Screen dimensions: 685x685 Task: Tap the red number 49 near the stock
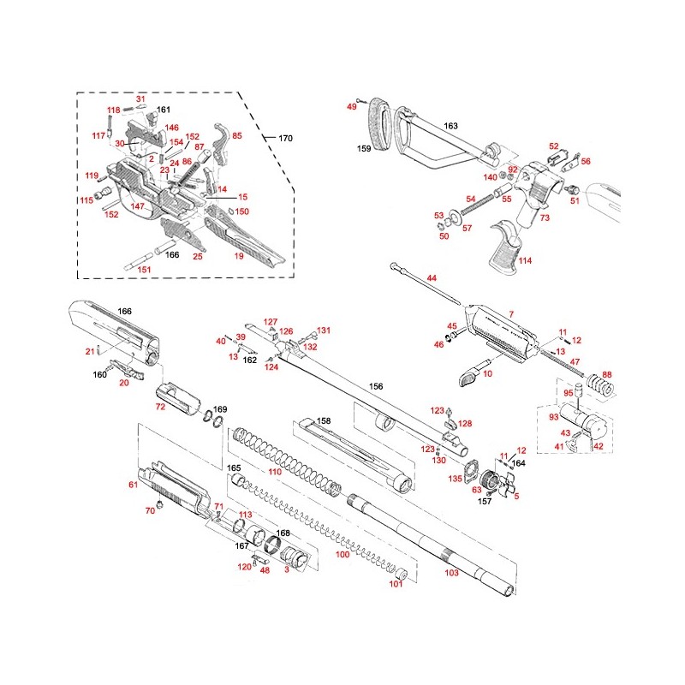(351, 106)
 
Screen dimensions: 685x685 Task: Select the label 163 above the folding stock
(450, 126)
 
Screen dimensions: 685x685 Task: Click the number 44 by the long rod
(432, 278)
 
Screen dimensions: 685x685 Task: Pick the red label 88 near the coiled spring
(607, 374)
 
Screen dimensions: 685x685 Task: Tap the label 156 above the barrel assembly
(375, 386)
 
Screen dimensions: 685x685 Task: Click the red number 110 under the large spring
(274, 472)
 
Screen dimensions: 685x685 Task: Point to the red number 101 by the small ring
(396, 585)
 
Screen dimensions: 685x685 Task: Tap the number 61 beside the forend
(133, 485)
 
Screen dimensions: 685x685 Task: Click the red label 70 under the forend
(150, 511)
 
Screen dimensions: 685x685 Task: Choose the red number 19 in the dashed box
(240, 255)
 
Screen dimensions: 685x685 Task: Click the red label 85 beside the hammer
(237, 135)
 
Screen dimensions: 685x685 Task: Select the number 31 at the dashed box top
(141, 99)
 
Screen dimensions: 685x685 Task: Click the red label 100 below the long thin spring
(342, 555)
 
